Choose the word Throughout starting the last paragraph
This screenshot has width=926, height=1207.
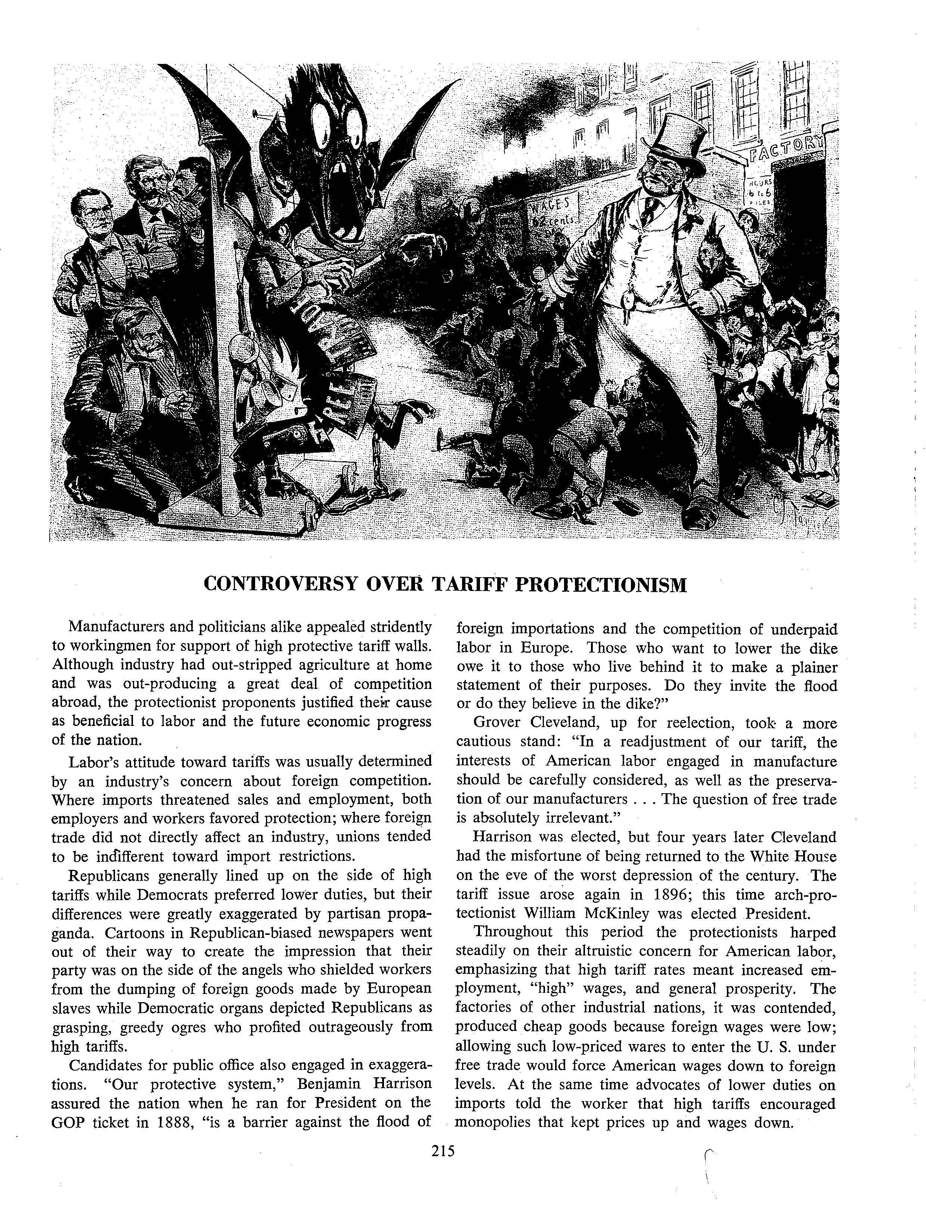513,932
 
